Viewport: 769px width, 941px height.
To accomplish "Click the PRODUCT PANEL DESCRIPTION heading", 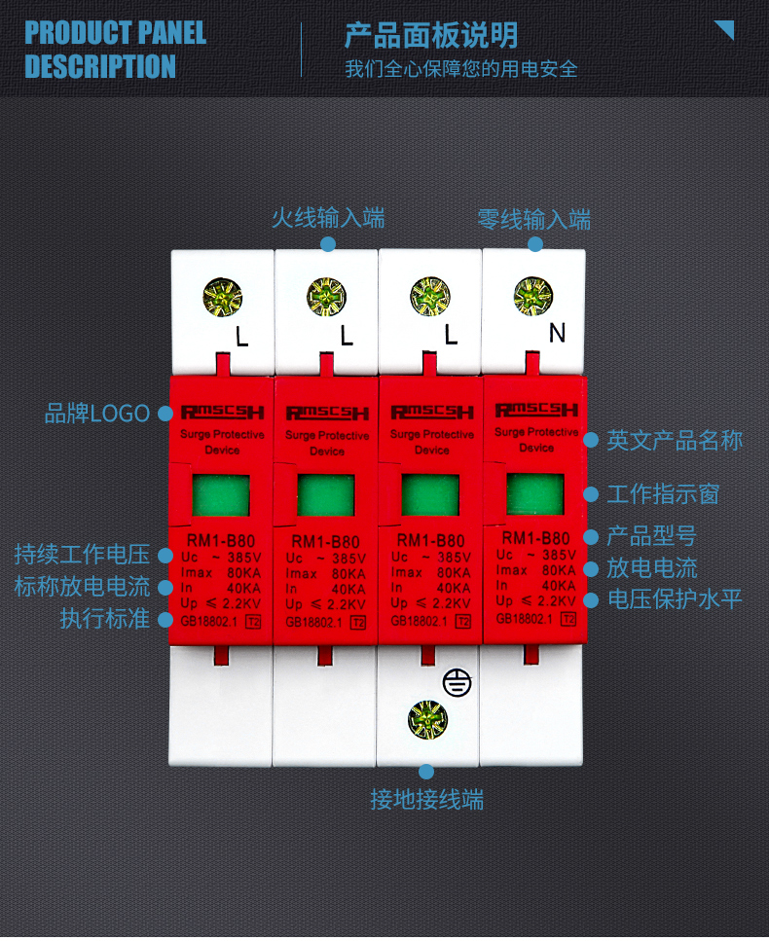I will [115, 50].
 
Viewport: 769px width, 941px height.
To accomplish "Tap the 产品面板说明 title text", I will [430, 35].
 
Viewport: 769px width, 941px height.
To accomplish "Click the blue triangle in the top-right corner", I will [724, 29].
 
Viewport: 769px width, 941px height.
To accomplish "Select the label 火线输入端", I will [328, 218].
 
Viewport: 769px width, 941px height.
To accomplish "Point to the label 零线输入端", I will [533, 219].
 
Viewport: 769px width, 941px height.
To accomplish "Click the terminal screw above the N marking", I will [532, 294].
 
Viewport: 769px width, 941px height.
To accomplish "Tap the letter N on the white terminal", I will [557, 334].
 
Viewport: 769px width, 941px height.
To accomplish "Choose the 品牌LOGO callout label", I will [96, 414].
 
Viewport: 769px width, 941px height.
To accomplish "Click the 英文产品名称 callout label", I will [675, 441].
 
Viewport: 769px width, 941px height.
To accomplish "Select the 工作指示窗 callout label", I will [663, 494].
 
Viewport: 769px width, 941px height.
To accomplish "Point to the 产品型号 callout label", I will [651, 536].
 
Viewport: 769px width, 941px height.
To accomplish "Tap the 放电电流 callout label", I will [651, 568].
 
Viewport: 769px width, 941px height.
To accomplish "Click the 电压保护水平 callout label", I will [675, 599].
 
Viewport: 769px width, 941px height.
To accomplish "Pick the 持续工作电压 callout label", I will [82, 556].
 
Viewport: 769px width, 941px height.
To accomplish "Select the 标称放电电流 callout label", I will [82, 587].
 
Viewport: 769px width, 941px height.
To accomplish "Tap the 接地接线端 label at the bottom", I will [426, 801].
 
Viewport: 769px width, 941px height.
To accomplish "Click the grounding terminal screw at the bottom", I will [427, 720].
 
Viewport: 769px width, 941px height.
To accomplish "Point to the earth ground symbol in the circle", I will [456, 683].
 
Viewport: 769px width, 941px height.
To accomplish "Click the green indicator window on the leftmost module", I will [221, 495].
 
